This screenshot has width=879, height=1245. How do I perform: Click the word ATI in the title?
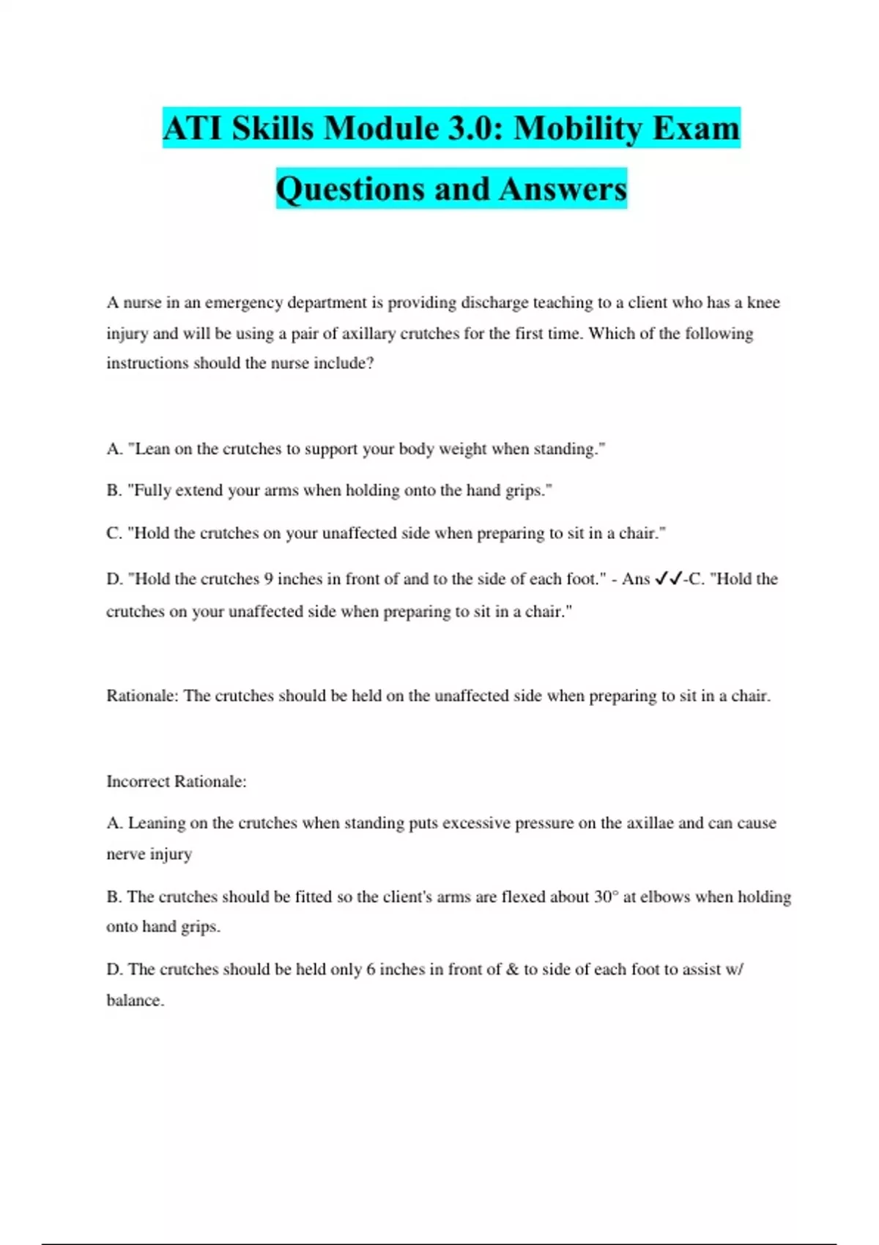(193, 129)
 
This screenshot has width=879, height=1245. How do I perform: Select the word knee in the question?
(763, 302)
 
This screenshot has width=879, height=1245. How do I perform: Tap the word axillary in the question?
(377, 333)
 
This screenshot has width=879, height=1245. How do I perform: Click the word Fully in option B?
(152, 490)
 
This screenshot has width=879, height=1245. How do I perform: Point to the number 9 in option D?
(268, 579)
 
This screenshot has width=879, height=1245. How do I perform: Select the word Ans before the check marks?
(636, 579)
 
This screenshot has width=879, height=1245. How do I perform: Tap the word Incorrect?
(138, 781)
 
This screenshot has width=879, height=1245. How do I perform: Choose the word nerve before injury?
(125, 854)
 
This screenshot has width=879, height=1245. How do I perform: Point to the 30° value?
(606, 896)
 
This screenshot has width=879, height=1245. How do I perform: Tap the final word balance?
(134, 1000)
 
